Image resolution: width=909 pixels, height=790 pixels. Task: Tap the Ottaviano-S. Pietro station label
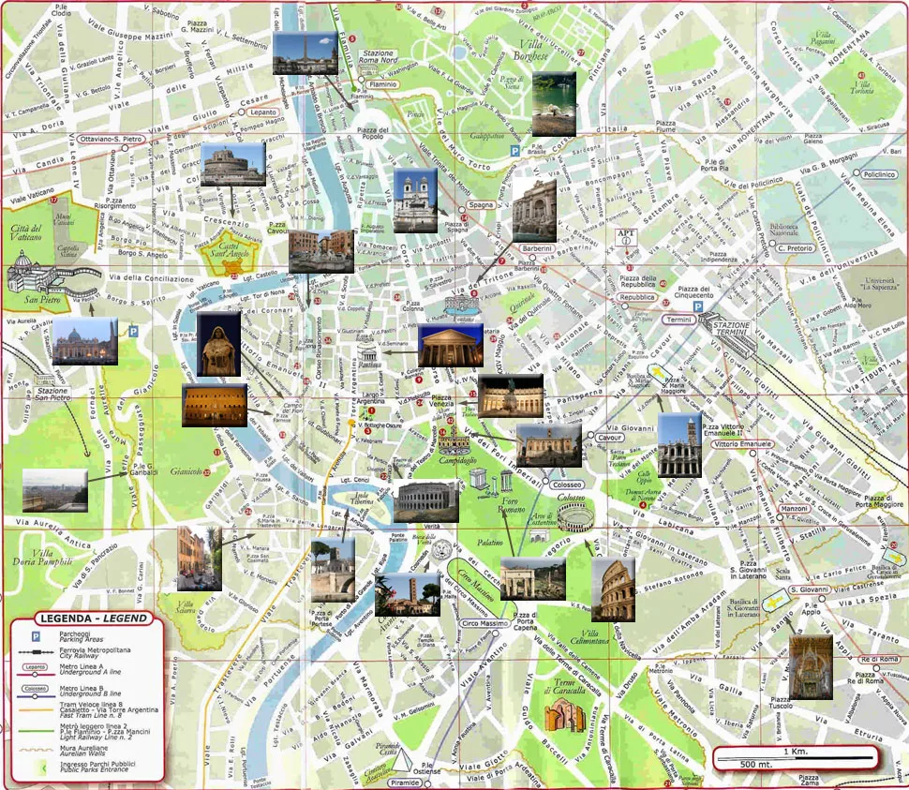107,139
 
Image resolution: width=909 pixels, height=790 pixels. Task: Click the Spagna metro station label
482,205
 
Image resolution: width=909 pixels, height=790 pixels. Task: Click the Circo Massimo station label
484,623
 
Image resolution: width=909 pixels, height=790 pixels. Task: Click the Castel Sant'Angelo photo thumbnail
232,165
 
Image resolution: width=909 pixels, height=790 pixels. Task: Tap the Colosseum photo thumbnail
614,590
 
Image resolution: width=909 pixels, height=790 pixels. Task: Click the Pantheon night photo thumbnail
451,346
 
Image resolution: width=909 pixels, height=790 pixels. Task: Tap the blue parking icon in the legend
36,634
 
